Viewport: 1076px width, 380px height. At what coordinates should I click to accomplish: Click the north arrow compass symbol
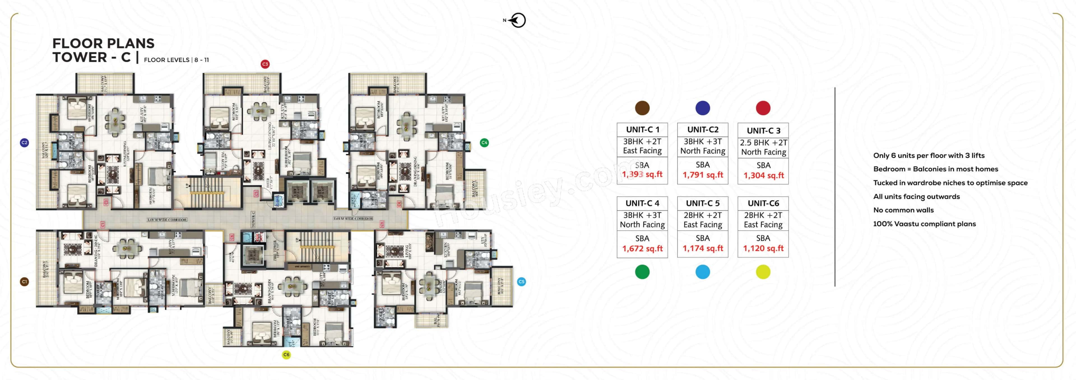point(518,20)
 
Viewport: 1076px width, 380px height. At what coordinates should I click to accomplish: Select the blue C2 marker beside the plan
point(24,143)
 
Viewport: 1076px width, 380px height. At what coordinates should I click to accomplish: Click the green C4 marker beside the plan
point(484,143)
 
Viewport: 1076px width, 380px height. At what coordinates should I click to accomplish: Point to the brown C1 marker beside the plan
point(24,282)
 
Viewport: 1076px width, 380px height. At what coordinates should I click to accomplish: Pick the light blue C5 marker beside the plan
point(521,282)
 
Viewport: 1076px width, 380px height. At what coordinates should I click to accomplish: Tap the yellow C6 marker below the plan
point(286,355)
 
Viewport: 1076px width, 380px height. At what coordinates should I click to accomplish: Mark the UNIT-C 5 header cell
point(702,203)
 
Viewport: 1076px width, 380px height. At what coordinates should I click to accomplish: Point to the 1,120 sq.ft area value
point(763,248)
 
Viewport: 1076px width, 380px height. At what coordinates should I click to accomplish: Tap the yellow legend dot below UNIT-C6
point(763,272)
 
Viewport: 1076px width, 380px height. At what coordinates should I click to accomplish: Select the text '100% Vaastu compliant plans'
point(924,224)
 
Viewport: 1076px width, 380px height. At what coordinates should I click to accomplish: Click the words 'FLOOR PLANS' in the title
point(103,43)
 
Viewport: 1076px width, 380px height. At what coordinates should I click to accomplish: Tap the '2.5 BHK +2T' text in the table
point(763,143)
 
